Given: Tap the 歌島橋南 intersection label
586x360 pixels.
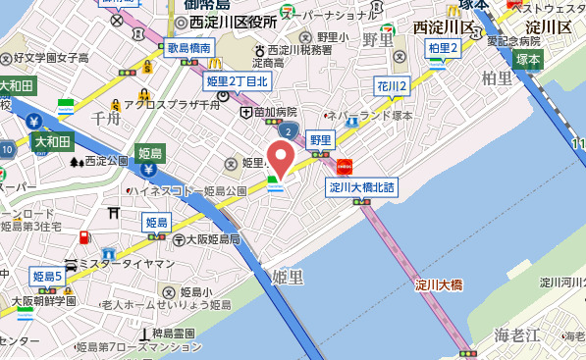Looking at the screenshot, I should (x=189, y=46).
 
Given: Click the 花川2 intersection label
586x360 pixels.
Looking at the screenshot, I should (x=392, y=87).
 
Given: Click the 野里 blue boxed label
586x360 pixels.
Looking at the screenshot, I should (x=320, y=139).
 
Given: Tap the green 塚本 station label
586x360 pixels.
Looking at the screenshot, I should (x=529, y=60).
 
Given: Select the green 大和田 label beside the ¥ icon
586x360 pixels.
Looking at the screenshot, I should (x=52, y=142).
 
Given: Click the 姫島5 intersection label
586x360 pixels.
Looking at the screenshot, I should (x=46, y=277).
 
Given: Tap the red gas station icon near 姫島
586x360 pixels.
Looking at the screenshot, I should (x=85, y=237).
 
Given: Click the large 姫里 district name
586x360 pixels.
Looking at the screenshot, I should (x=293, y=278).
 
